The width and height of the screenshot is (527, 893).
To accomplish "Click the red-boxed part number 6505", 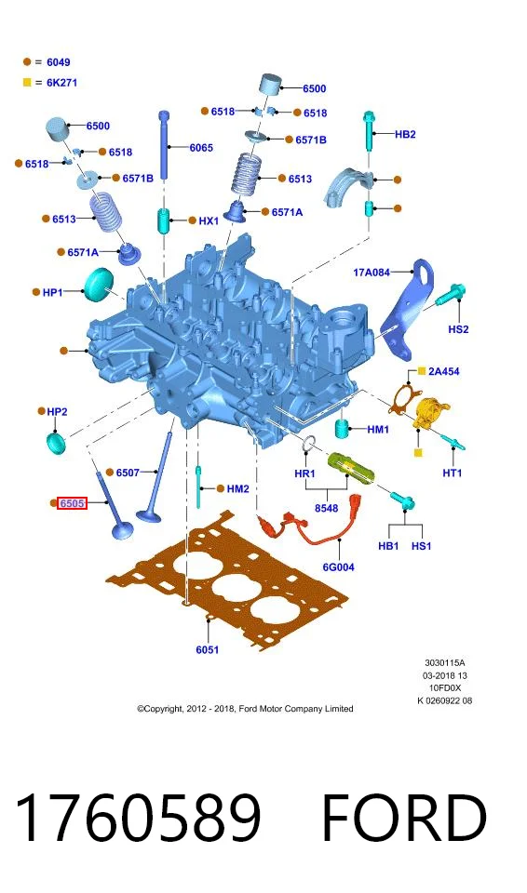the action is tap(72, 503).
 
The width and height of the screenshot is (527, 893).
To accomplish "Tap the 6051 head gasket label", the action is tap(207, 649).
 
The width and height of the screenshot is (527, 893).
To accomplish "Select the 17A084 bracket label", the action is tap(372, 273).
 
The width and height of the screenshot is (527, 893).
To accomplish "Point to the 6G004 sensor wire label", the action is tap(338, 566).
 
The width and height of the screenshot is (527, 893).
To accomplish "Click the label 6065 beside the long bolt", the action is tap(201, 148).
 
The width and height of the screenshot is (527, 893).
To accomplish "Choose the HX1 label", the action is tap(209, 220).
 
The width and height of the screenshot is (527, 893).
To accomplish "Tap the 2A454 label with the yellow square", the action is tap(444, 371).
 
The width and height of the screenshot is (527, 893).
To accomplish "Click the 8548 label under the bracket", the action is tap(326, 508).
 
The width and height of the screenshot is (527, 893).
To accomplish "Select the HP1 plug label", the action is tap(52, 292).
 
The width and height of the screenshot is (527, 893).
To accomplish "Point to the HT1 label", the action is tap(453, 473).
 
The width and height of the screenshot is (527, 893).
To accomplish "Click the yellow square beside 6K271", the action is tap(27, 83).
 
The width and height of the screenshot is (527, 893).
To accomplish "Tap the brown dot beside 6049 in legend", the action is tap(27, 62).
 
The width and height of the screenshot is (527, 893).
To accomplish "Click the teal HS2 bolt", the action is tap(451, 295).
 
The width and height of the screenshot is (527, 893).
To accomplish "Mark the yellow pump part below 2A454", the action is tap(430, 413).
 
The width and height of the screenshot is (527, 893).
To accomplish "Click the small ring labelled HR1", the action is tap(308, 443).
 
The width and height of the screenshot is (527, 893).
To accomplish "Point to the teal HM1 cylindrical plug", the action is tap(341, 429).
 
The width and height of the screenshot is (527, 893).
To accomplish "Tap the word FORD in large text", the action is tap(404, 818).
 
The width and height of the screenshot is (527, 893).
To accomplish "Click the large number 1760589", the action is tap(139, 818).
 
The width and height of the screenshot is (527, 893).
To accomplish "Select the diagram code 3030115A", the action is tap(445, 663).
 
